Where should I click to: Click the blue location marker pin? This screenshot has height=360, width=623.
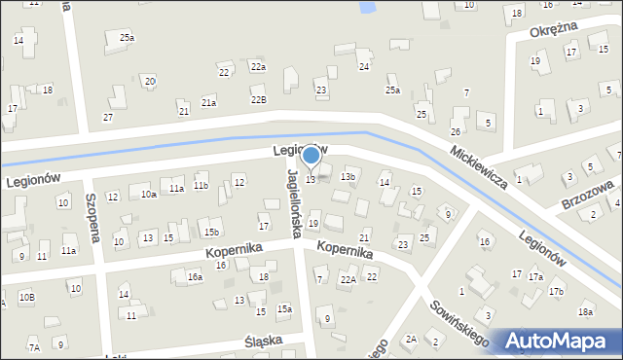[311, 156]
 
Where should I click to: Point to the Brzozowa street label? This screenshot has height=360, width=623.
[587, 195]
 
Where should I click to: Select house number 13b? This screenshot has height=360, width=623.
[348, 177]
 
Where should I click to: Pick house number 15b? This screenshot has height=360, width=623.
[211, 233]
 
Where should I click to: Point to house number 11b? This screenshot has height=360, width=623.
[201, 186]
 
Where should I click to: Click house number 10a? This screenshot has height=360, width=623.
[148, 195]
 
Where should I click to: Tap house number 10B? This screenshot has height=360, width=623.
[26, 297]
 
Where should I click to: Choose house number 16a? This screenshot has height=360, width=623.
[195, 277]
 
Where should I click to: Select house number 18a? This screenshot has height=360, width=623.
[584, 312]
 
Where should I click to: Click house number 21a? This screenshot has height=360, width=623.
[208, 102]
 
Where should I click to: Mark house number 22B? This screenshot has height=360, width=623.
[258, 100]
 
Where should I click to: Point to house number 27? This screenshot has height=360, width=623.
[107, 118]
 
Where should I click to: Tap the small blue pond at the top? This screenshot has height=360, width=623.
[367, 8]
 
